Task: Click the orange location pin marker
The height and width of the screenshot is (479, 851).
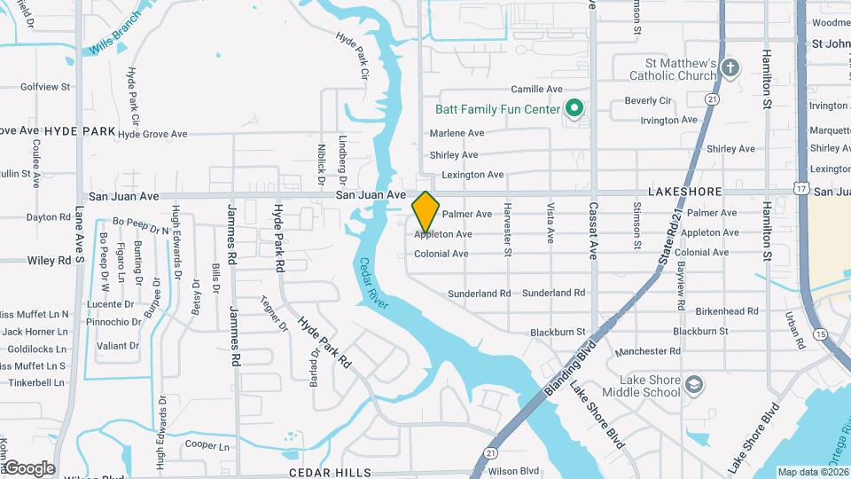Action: [426, 211]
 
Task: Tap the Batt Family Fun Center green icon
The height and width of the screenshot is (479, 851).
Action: [574, 109]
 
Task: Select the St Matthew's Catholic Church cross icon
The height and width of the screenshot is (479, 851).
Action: [730, 68]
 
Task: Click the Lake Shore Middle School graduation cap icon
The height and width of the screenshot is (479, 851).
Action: [694, 385]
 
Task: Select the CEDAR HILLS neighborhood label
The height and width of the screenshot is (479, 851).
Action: [320, 474]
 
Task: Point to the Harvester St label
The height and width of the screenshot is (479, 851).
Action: [508, 229]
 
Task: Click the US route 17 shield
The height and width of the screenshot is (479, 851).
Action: [800, 190]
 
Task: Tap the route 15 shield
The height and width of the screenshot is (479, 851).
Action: [822, 334]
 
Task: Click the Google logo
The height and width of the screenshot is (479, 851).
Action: [28, 468]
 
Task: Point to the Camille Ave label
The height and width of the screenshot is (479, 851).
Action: [536, 90]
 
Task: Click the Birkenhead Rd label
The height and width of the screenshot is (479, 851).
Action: [728, 311]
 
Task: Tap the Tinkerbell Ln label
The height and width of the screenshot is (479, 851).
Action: [33, 382]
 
